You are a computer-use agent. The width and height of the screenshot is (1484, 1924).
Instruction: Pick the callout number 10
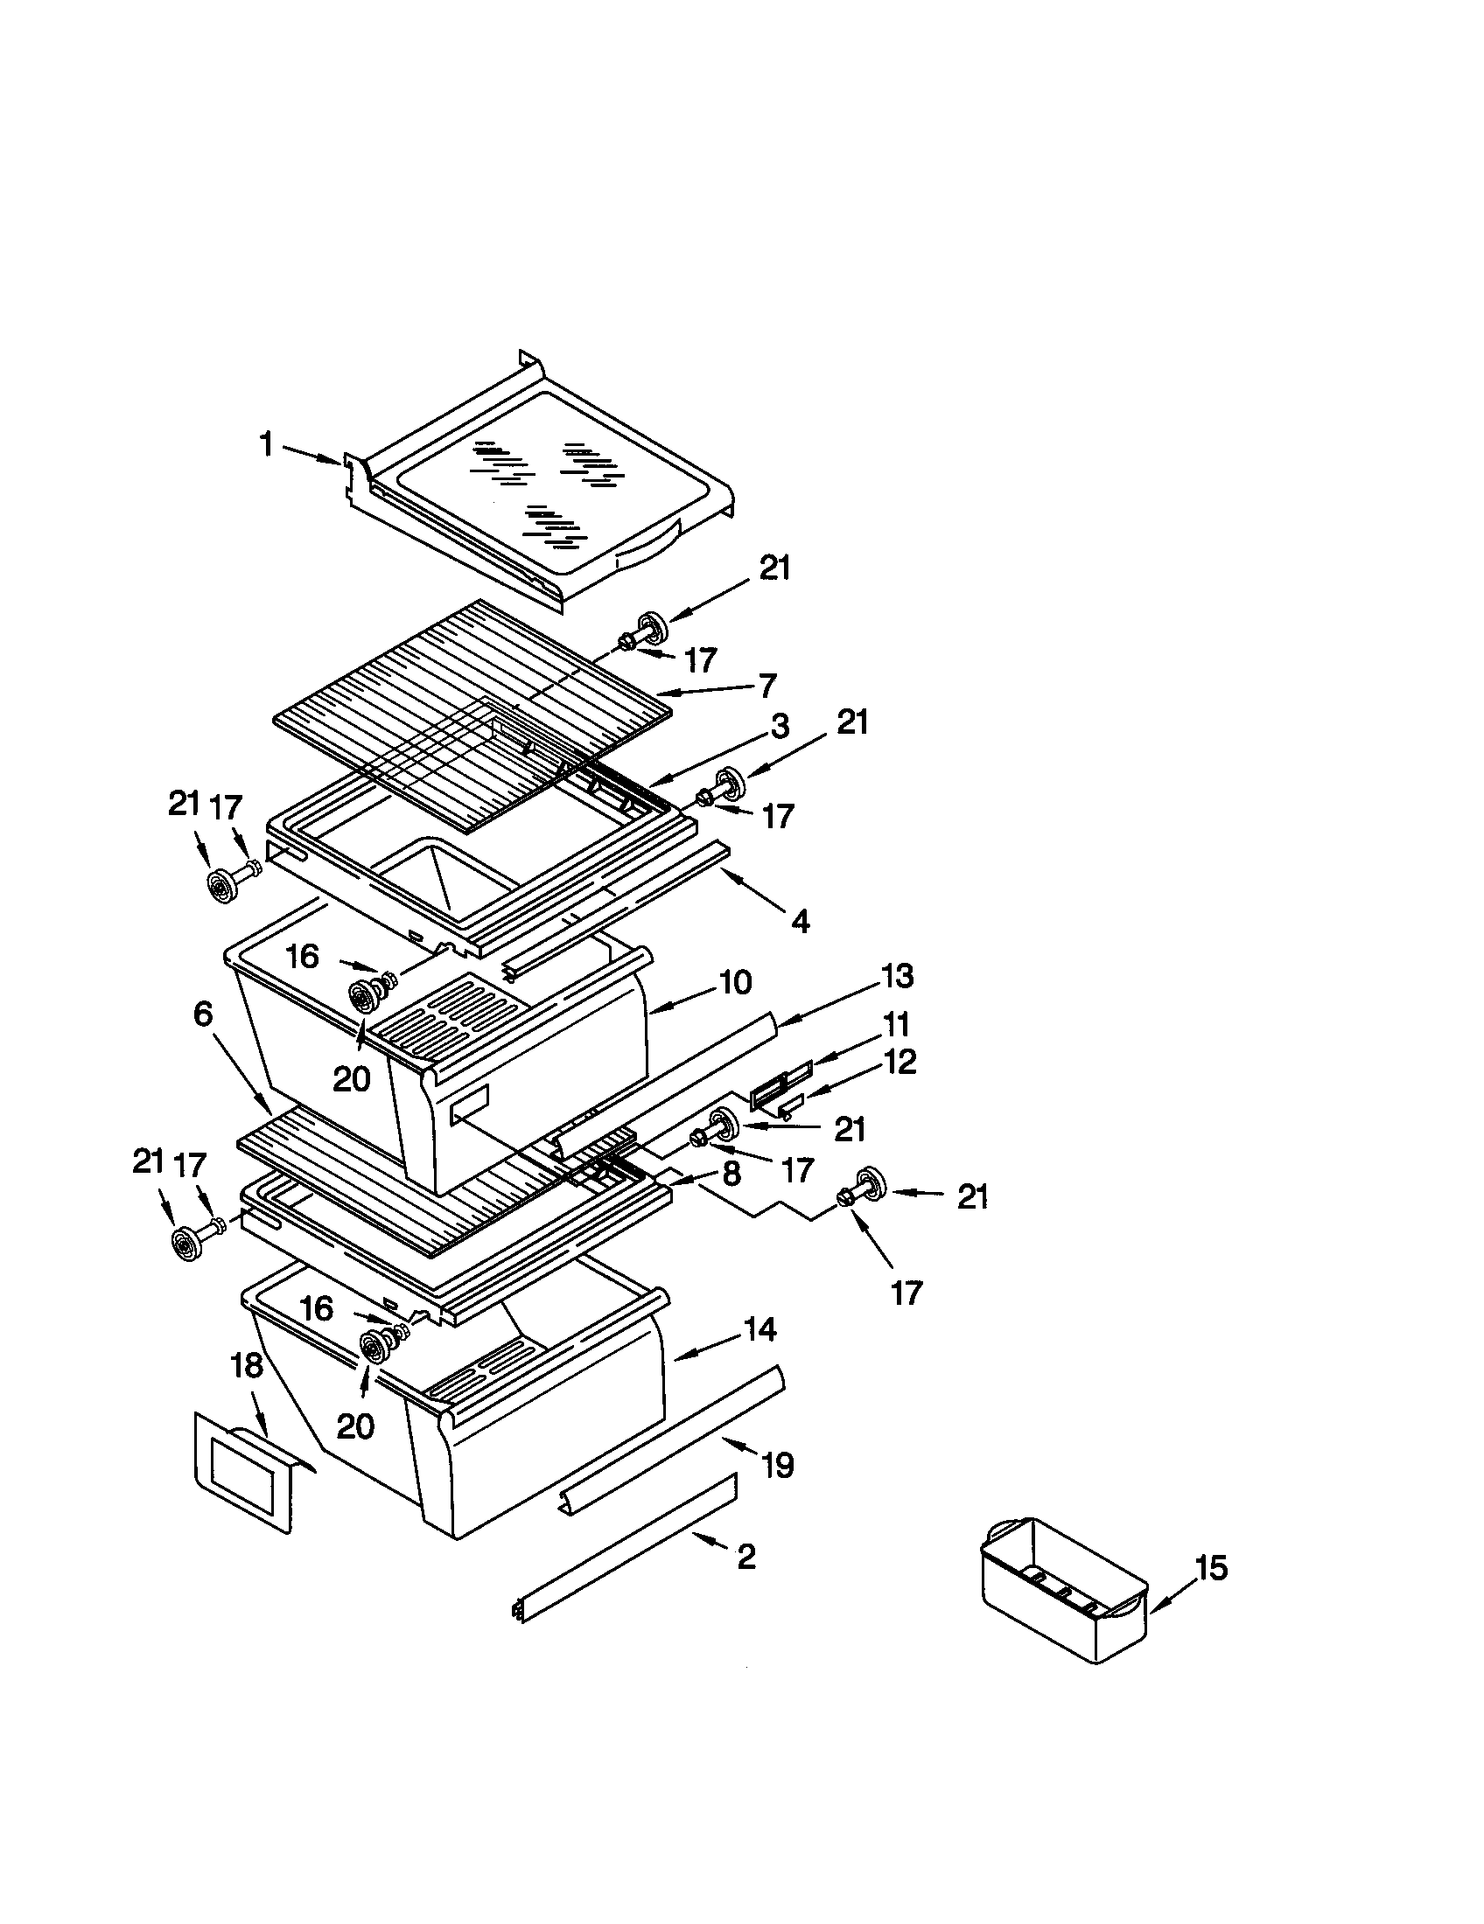[x=735, y=982]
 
